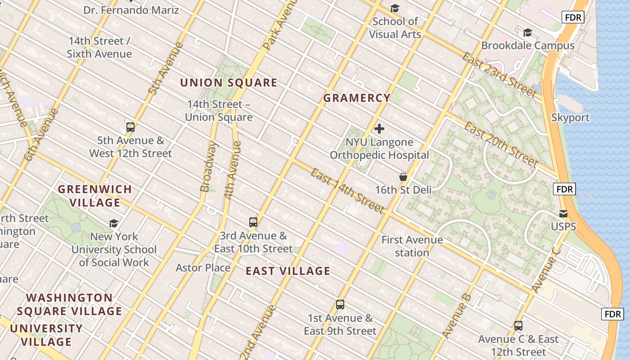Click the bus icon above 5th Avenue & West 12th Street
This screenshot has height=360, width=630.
pyautogui.click(x=130, y=127)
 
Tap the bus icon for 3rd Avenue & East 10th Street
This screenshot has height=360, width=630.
pyautogui.click(x=253, y=222)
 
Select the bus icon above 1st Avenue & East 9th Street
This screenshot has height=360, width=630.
pyautogui.click(x=340, y=305)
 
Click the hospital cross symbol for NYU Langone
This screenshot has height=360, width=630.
pyautogui.click(x=379, y=129)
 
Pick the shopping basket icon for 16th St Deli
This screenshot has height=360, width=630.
pyautogui.click(x=403, y=177)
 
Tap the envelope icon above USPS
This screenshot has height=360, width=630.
pyautogui.click(x=563, y=214)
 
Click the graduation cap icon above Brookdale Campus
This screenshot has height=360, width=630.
pyautogui.click(x=527, y=32)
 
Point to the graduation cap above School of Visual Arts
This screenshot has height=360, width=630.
pyautogui.click(x=395, y=8)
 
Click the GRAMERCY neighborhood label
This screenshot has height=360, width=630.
pyautogui.click(x=357, y=98)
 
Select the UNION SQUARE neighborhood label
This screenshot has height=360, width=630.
pyautogui.click(x=229, y=83)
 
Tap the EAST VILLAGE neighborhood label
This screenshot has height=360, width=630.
pyautogui.click(x=288, y=271)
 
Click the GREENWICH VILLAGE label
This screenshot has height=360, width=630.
pyautogui.click(x=95, y=196)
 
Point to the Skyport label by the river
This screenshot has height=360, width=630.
pyautogui.click(x=570, y=117)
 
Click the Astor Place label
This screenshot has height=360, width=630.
pyautogui.click(x=203, y=268)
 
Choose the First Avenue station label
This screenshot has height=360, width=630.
pyautogui.click(x=412, y=246)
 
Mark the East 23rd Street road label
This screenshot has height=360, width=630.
pyautogui.click(x=499, y=75)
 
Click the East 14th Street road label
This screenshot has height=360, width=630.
pyautogui.click(x=347, y=191)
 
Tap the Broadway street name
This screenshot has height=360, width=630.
pyautogui.click(x=208, y=166)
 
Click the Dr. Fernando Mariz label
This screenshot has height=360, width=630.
pyautogui.click(x=131, y=10)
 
